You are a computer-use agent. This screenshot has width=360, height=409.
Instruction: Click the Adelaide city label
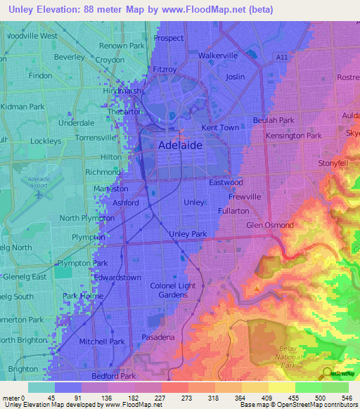(x=180, y=145)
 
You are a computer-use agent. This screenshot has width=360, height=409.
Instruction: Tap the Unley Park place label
(x=188, y=233)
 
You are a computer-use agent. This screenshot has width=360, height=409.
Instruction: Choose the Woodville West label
(x=31, y=35)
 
